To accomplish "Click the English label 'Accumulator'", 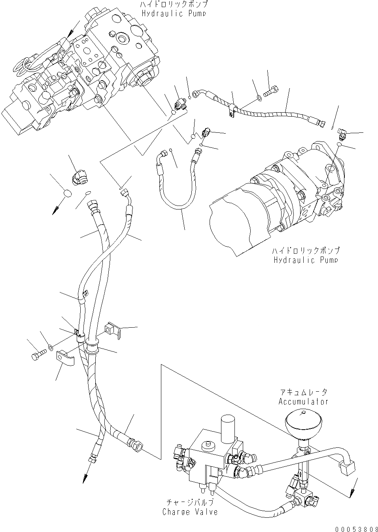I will pyautogui.click(x=303, y=402).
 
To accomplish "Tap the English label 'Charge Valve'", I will pyautogui.click(x=190, y=512).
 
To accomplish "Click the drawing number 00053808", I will pyautogui.click(x=353, y=528).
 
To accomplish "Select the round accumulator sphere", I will pyautogui.click(x=302, y=421).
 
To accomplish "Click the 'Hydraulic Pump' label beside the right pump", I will pyautogui.click(x=306, y=260).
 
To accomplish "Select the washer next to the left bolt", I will pyautogui.click(x=51, y=348).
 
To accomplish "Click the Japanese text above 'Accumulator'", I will pyautogui.click(x=303, y=392).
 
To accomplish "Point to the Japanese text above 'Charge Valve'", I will pyautogui.click(x=190, y=503).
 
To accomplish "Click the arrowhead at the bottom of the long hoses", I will pyautogui.click(x=85, y=479).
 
